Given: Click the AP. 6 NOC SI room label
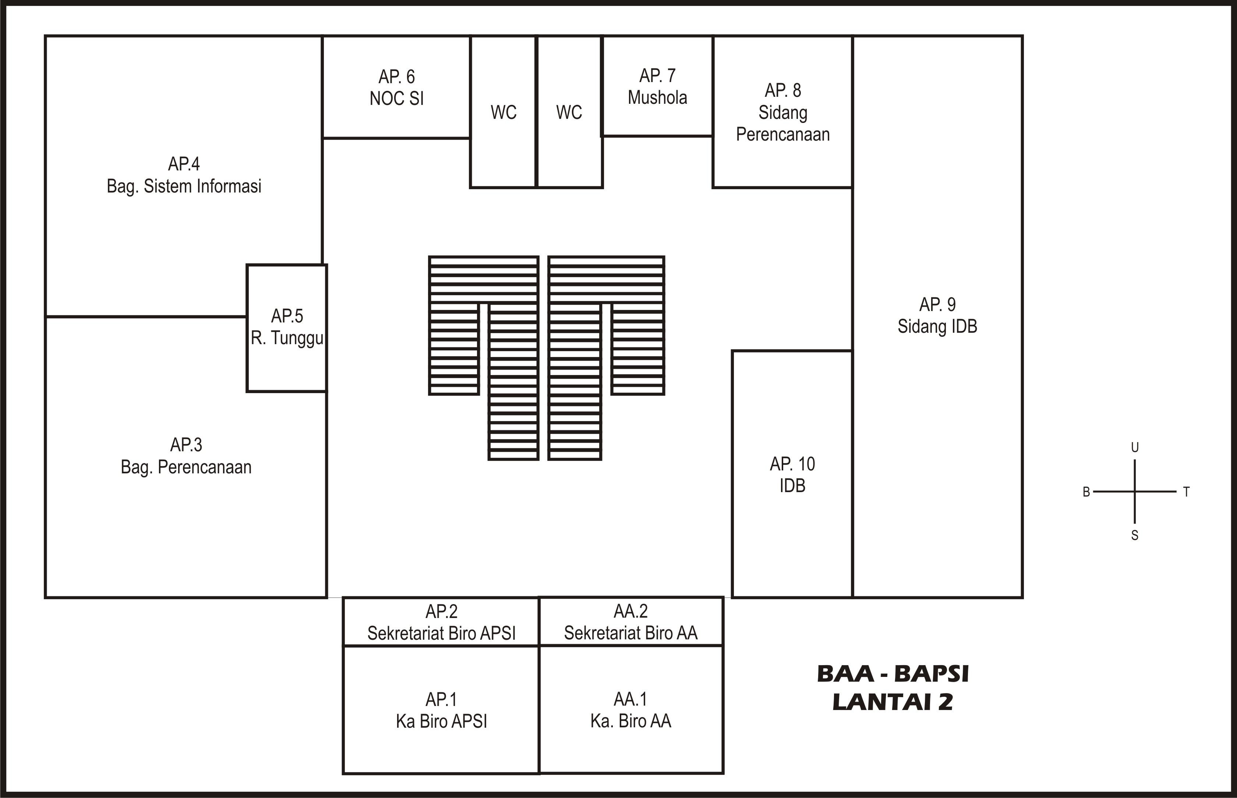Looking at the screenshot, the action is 397,87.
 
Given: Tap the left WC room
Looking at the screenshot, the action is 503,112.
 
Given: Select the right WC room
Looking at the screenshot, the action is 570,112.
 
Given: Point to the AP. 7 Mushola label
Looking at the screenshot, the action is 657,86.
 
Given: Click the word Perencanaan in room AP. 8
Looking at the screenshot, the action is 783,134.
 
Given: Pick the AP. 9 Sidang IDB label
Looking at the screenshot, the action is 937,315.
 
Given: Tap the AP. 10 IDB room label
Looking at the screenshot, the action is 792,474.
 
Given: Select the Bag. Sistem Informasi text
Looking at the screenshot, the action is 184,186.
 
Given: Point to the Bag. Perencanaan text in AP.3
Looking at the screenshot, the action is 186,467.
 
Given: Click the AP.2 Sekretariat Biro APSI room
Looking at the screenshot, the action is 441,622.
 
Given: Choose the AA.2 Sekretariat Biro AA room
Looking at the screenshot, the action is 631,621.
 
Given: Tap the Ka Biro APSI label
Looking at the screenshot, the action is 441,721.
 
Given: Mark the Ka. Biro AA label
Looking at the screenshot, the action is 630,721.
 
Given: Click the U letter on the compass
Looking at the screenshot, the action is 1134,447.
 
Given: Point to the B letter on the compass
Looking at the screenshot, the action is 1086,492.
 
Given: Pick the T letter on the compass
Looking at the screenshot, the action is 1186,492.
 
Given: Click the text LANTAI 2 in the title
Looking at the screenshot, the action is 893,702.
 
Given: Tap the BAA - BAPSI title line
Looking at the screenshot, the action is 893,674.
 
